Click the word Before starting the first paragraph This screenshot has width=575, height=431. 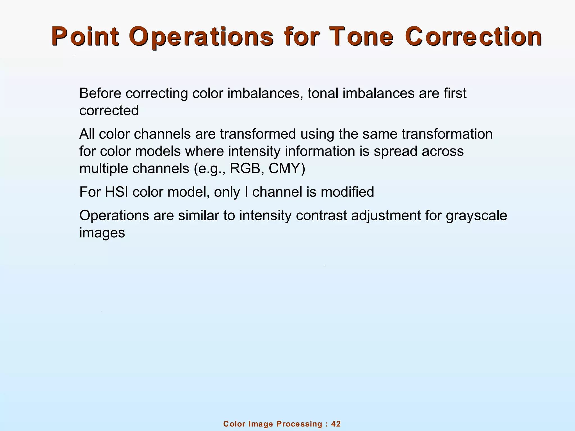tap(101, 93)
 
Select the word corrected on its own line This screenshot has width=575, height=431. tap(109, 111)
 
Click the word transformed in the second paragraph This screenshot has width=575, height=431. tap(258, 134)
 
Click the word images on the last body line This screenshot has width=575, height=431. tap(102, 233)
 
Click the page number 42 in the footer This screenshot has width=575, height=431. tap(336, 424)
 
